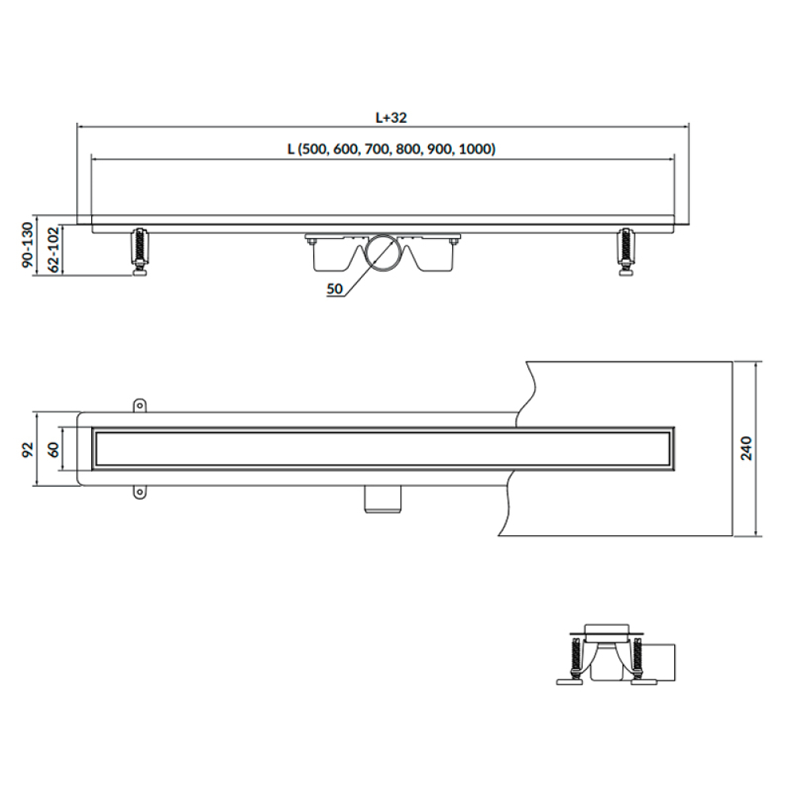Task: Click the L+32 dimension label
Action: pyautogui.click(x=390, y=118)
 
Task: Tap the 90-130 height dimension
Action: pyautogui.click(x=28, y=245)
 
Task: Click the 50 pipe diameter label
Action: pyautogui.click(x=335, y=289)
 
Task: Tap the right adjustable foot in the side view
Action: pyautogui.click(x=626, y=252)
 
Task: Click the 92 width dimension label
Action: pyautogui.click(x=28, y=449)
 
